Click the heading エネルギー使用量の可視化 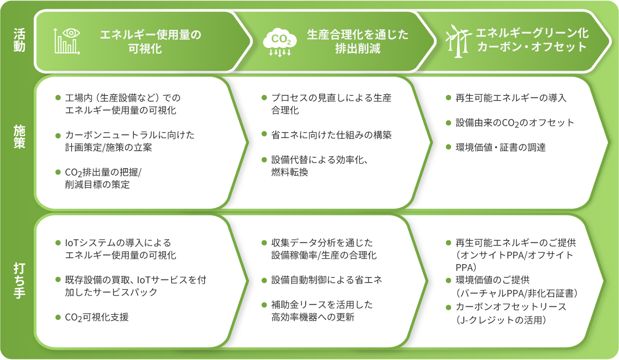click(150, 41)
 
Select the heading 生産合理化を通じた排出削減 click(357, 41)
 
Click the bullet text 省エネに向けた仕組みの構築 click(331, 135)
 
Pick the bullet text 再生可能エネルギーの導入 click(511, 98)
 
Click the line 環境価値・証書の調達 click(501, 148)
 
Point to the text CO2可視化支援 click(97, 317)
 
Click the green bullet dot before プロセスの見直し click(264, 98)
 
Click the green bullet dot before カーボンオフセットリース click(448, 307)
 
